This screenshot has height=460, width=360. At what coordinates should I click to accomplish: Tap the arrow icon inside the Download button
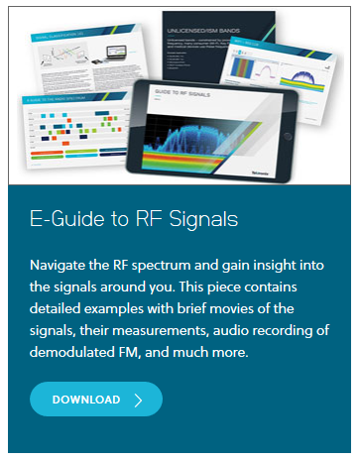[138, 400]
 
